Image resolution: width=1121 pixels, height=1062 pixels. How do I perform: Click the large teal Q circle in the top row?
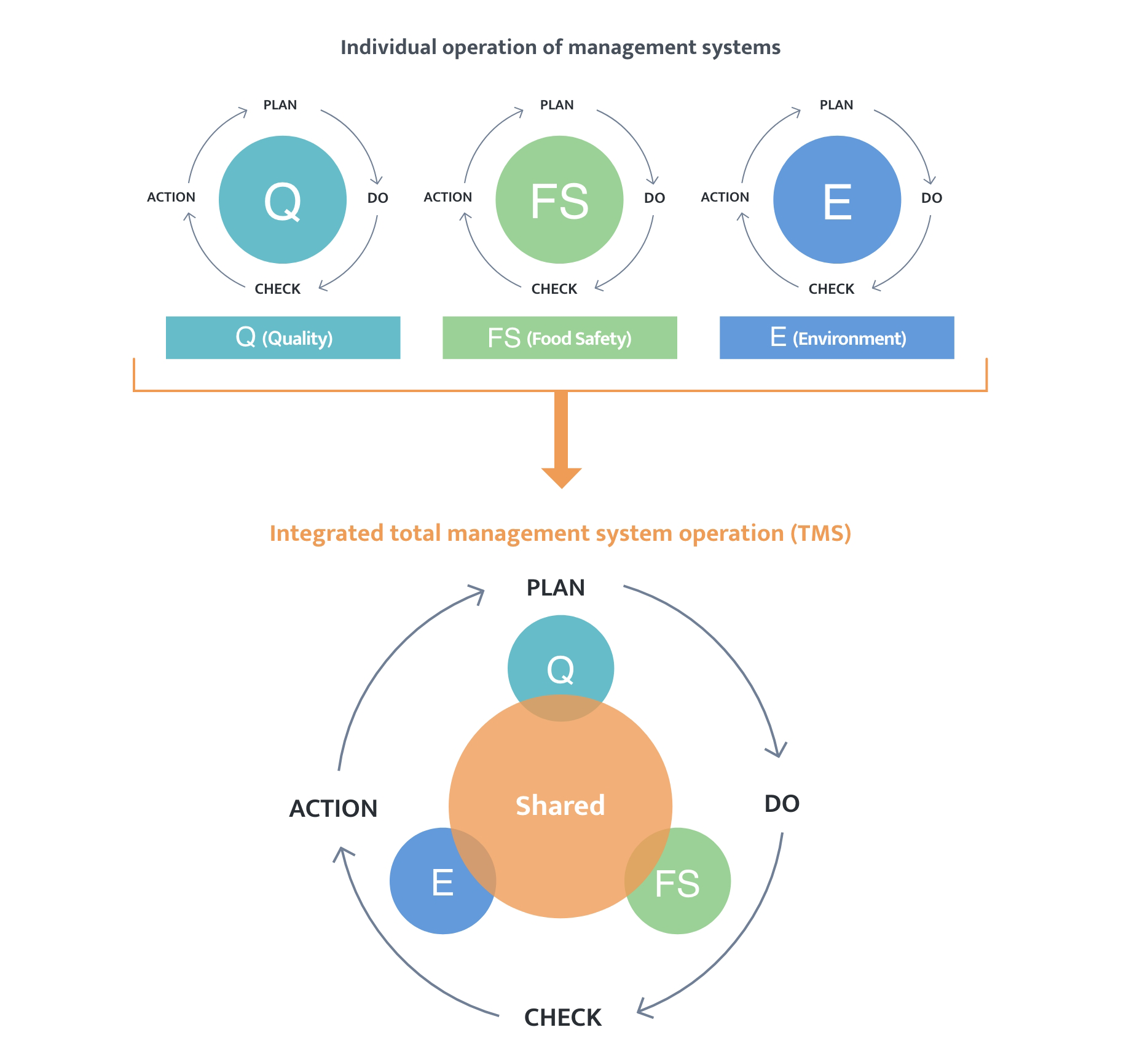(283, 200)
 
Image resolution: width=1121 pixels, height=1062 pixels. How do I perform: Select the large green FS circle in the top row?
(559, 200)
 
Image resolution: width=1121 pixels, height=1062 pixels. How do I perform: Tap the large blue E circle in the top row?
(837, 200)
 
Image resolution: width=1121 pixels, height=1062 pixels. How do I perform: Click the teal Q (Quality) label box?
(283, 337)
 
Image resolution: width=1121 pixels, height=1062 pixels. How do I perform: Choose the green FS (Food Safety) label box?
(559, 337)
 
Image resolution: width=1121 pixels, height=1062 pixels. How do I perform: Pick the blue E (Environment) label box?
(836, 337)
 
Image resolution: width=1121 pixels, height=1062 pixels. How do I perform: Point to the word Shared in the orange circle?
(560, 806)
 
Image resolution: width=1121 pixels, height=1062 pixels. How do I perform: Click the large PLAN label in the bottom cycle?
(556, 588)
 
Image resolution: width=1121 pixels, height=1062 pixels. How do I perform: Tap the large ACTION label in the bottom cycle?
(333, 809)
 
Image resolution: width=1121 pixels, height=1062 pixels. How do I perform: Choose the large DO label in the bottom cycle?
(782, 804)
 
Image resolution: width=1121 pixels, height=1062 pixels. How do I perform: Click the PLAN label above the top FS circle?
(557, 105)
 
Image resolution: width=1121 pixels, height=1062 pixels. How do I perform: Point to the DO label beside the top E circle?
(931, 198)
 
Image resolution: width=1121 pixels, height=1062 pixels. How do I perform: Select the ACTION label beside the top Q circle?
(171, 197)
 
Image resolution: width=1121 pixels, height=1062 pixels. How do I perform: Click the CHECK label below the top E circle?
(831, 289)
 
